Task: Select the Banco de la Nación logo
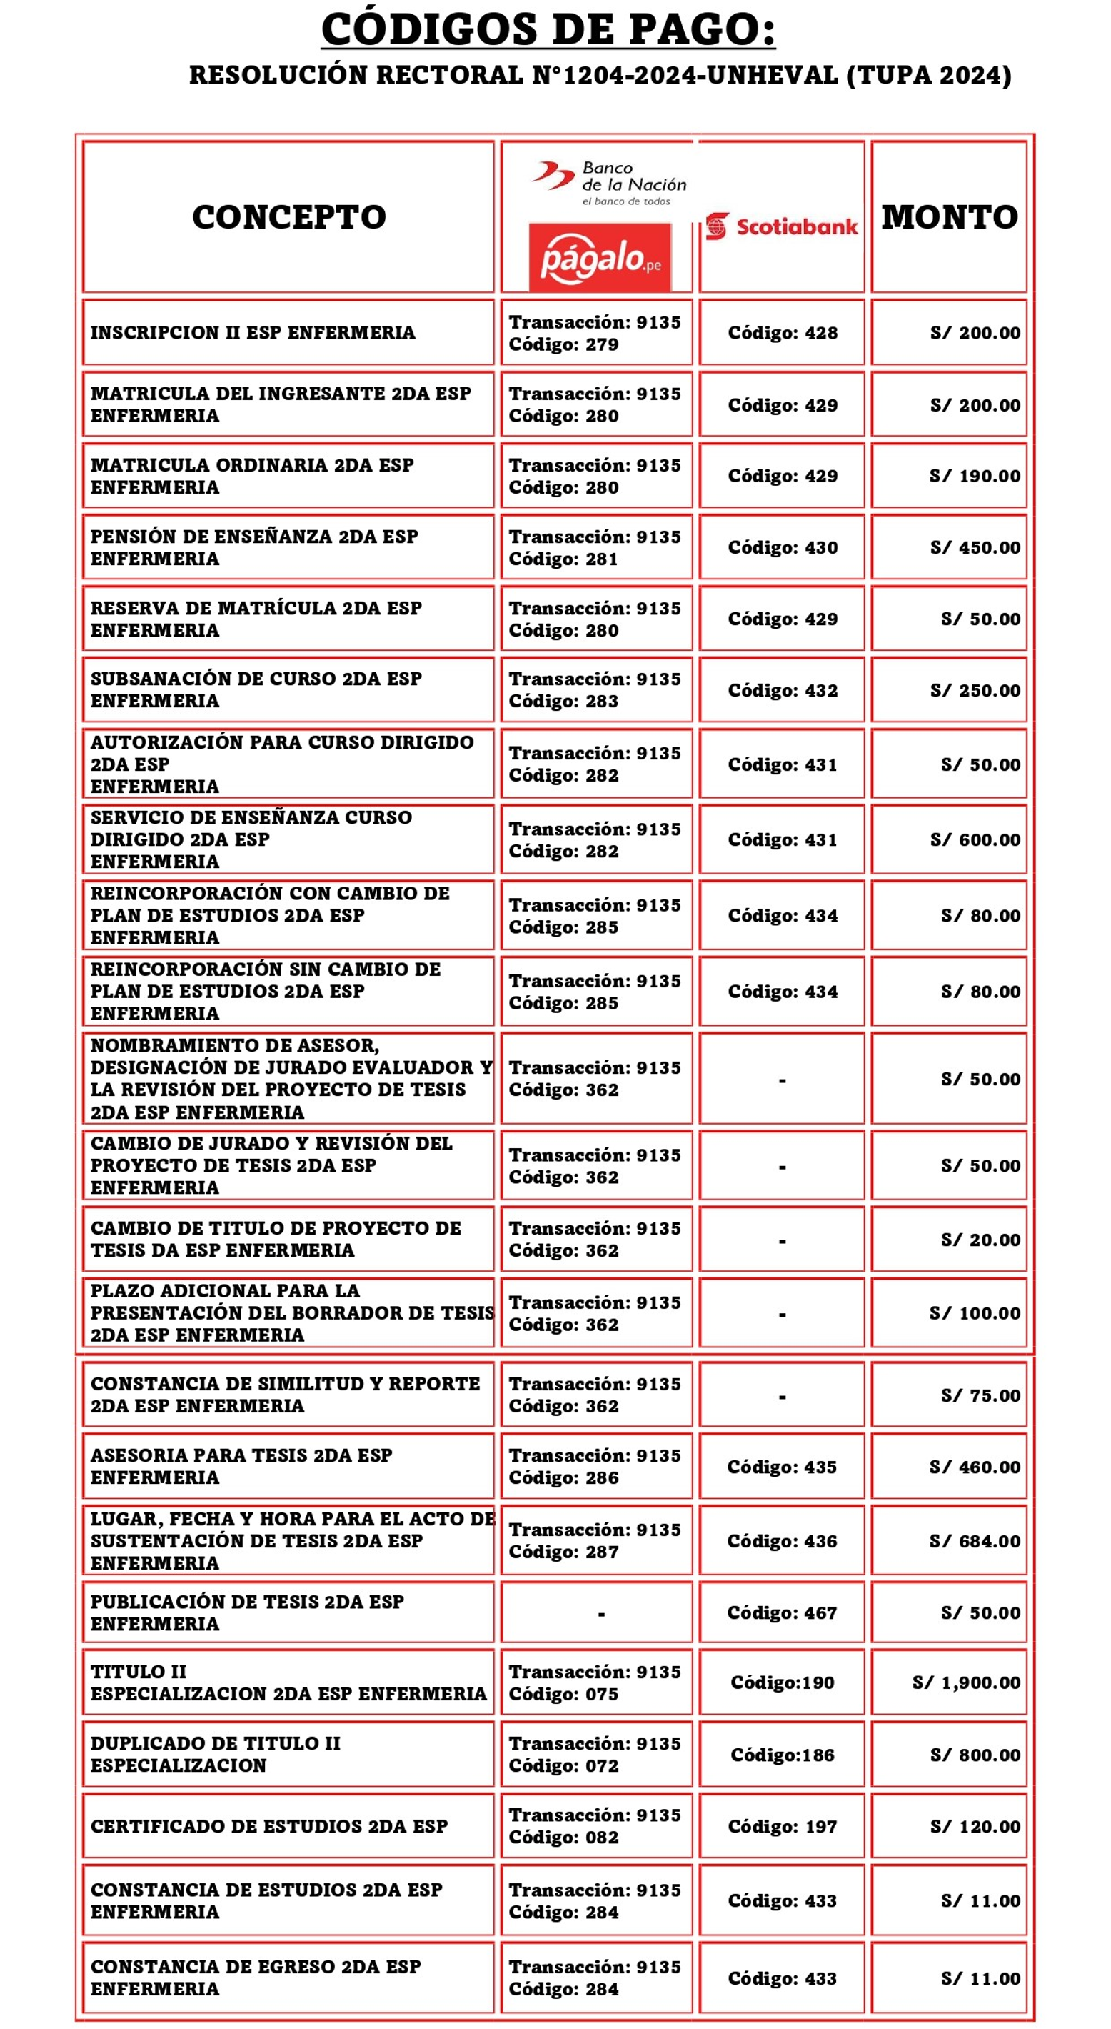610,182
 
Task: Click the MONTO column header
949,217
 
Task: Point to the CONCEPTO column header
289,217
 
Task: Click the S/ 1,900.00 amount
966,1682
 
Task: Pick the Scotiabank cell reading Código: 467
781,1612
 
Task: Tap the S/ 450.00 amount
975,547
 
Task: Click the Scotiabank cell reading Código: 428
782,332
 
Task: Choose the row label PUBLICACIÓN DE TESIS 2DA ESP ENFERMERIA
246,1612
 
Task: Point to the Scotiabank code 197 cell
782,1826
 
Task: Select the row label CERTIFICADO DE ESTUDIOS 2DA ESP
268,1826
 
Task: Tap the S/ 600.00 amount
975,839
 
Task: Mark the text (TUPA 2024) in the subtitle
928,76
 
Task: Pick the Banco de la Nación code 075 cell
595,1682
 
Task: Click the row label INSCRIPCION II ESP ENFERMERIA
252,332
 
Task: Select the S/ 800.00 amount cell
975,1755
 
